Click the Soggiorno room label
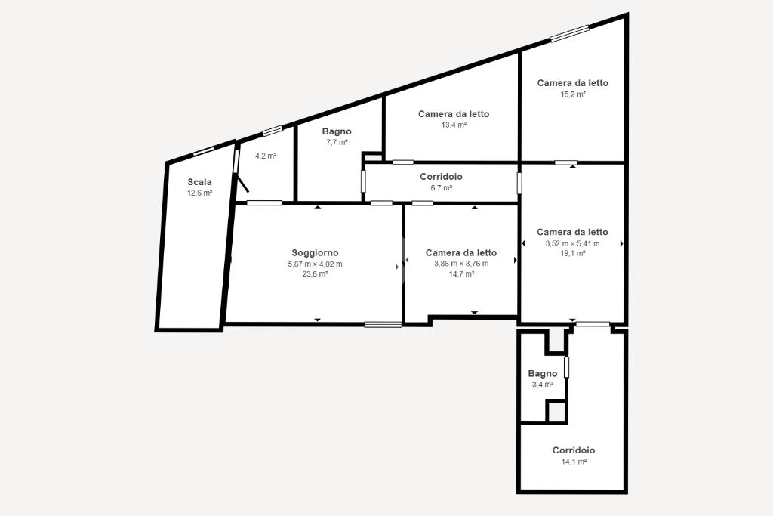[315, 253]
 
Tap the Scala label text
[199, 182]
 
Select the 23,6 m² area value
[315, 273]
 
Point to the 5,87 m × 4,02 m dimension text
[315, 264]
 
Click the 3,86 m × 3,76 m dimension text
[461, 264]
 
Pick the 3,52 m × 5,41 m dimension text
[572, 243]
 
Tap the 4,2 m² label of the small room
[266, 156]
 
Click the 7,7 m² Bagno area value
[337, 142]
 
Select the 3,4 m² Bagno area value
[542, 385]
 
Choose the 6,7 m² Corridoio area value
[441, 187]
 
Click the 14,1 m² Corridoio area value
[574, 462]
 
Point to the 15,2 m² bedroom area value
[573, 94]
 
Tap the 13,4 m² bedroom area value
[454, 125]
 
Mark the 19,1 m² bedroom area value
[572, 253]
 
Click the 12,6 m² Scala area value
[199, 193]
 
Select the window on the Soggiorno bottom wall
[383, 324]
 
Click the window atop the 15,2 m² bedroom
[570, 33]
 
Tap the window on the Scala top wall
[204, 151]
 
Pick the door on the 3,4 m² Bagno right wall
[566, 367]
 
